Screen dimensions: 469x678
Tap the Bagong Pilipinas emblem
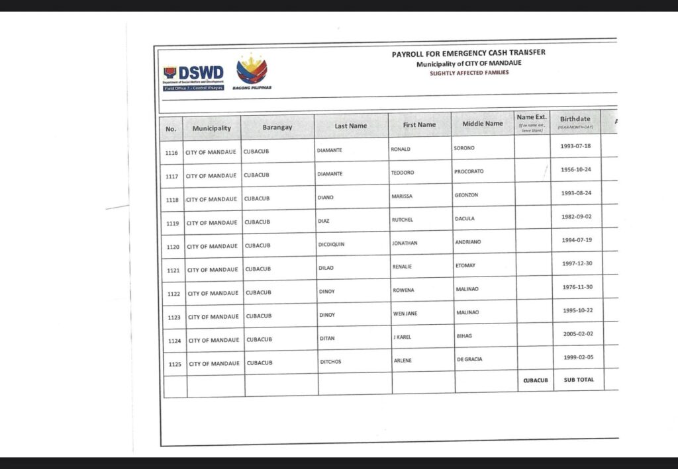tap(252, 71)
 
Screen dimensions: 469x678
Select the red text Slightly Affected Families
tap(469, 73)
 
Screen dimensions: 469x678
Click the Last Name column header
tap(350, 126)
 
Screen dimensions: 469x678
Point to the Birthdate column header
tap(575, 122)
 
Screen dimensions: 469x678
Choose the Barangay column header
tap(277, 127)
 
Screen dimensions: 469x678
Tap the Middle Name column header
tap(482, 124)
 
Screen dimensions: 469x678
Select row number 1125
tap(175, 364)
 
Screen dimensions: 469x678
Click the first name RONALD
tap(401, 149)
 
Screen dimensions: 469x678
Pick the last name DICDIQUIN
tap(331, 244)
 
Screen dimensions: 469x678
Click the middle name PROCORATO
tap(469, 171)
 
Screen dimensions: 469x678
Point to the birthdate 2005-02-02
tap(577, 335)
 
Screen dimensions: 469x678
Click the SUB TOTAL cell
tap(579, 380)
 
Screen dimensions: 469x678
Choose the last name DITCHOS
tap(330, 362)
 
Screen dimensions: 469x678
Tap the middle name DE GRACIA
tap(469, 359)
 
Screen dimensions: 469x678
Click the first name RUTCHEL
tap(403, 220)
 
